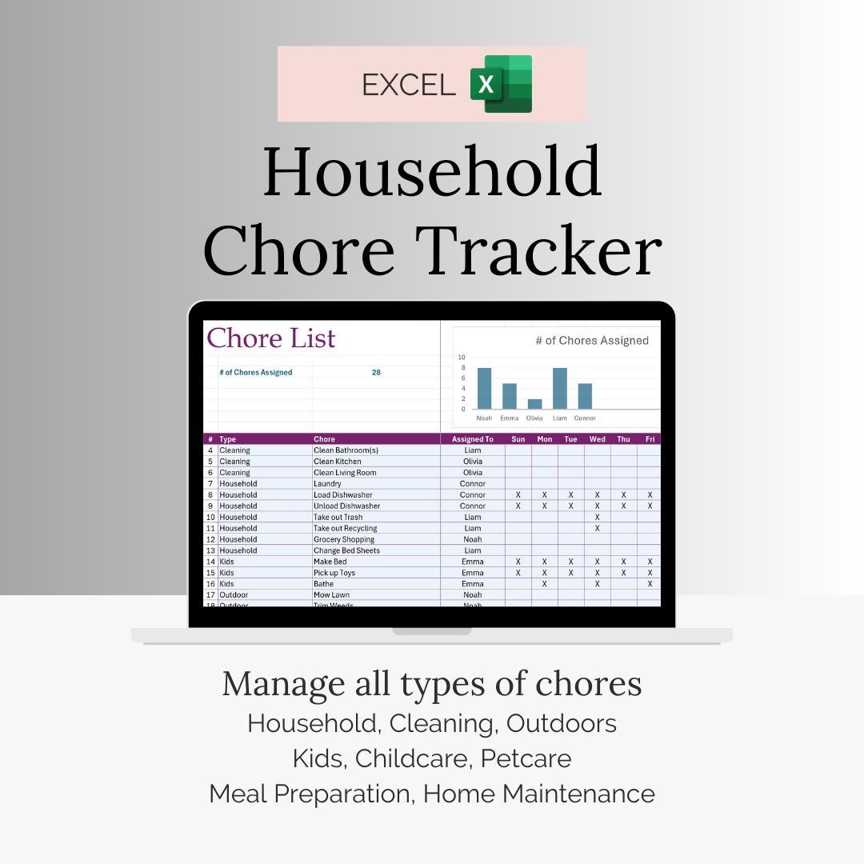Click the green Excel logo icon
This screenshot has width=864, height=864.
(501, 84)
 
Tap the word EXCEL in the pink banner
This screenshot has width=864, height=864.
(408, 85)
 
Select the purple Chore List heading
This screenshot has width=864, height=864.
(271, 338)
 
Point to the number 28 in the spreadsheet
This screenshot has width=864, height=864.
(376, 373)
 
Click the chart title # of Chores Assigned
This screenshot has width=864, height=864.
(592, 341)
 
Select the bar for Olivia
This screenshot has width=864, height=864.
(534, 404)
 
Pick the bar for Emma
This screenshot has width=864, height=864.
(509, 396)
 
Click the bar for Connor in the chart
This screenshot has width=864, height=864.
(585, 396)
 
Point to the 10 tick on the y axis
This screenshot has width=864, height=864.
(462, 358)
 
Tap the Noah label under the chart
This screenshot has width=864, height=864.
(484, 418)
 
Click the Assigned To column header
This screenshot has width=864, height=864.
(472, 439)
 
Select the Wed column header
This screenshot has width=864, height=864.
(597, 439)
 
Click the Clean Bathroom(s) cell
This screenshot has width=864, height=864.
(346, 450)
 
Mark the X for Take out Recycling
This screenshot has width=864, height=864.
(597, 528)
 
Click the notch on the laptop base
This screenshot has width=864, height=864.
(431, 631)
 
